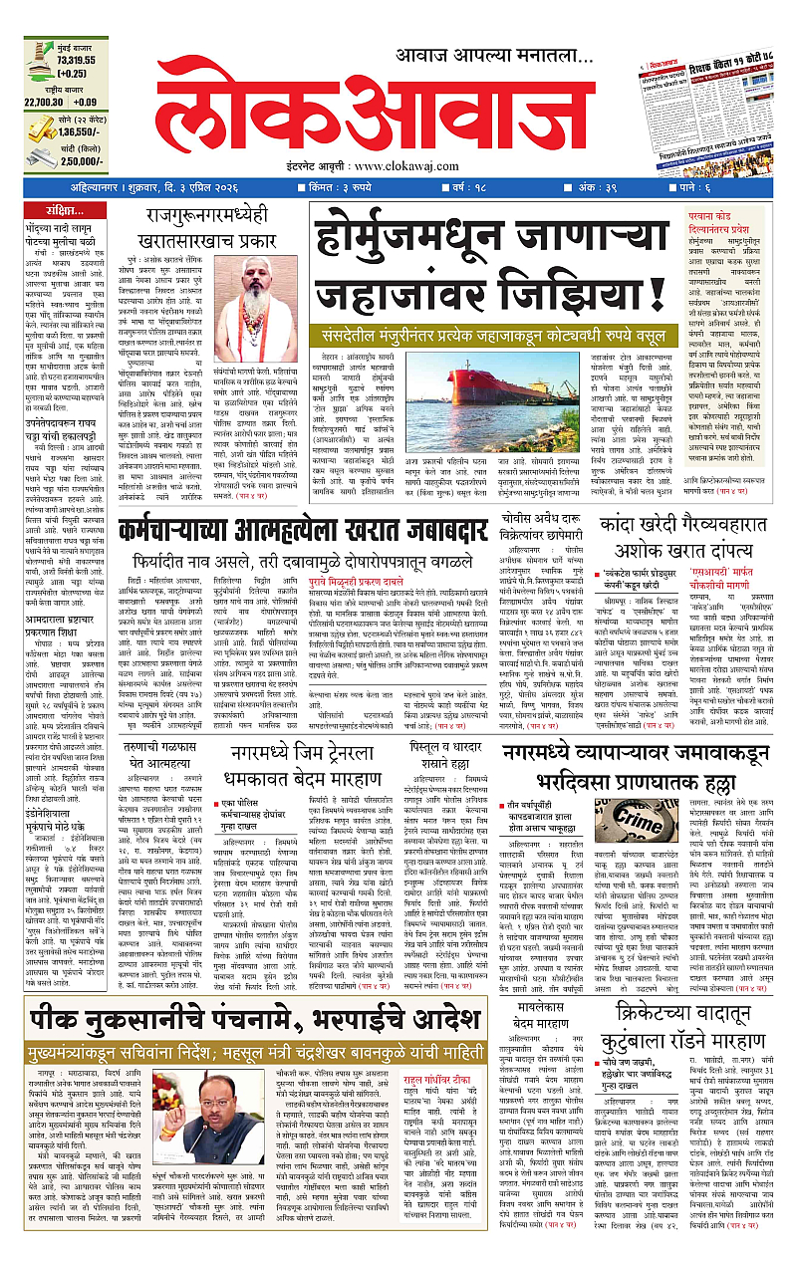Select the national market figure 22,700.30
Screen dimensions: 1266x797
(47, 102)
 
